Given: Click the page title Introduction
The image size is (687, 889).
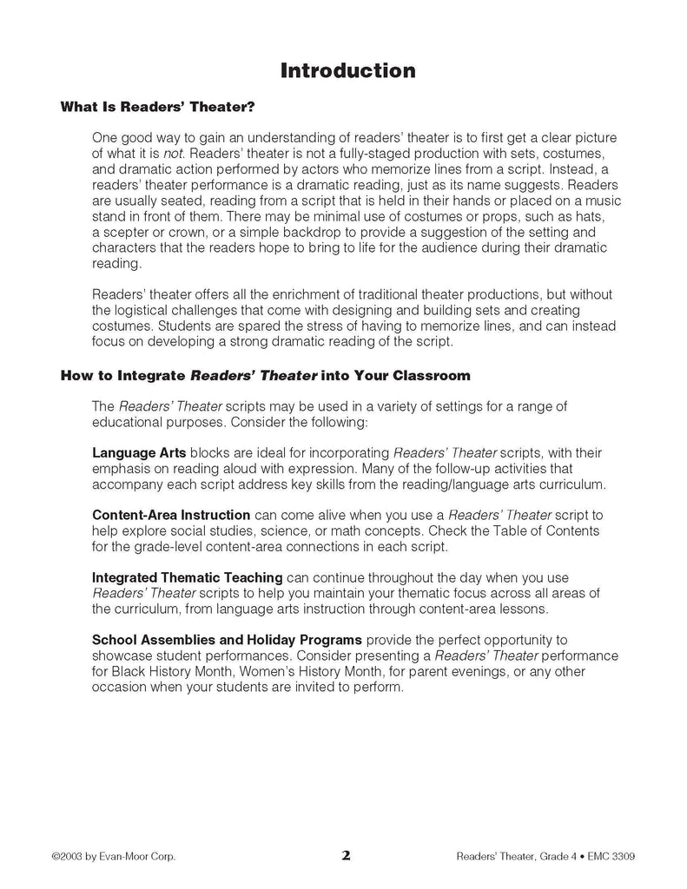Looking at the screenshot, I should pos(347,70).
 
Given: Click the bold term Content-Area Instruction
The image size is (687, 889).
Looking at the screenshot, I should pos(171,515).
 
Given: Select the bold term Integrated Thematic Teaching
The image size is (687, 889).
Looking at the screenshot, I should pos(187,577).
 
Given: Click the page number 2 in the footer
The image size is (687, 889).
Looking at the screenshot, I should pos(346,855).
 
